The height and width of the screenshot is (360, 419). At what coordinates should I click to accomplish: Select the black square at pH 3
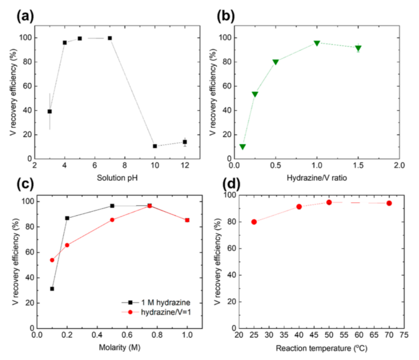point(50,111)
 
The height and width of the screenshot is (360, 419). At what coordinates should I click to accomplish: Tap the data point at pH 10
point(155,146)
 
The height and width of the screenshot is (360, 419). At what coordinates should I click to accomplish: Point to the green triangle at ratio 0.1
point(243,147)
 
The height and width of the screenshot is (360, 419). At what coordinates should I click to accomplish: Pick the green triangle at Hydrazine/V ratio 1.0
point(317,43)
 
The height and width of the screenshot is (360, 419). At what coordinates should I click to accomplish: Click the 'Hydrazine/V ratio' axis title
point(316,178)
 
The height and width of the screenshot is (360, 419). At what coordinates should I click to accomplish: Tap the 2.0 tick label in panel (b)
point(399,166)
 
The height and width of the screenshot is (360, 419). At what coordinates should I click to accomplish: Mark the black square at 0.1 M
point(52,289)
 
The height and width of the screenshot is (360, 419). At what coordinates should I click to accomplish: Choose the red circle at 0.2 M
point(67,245)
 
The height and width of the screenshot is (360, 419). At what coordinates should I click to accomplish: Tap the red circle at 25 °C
point(254,222)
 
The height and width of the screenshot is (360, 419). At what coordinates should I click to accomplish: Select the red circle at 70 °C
point(389,203)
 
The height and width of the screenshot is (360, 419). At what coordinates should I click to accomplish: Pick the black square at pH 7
point(110,38)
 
